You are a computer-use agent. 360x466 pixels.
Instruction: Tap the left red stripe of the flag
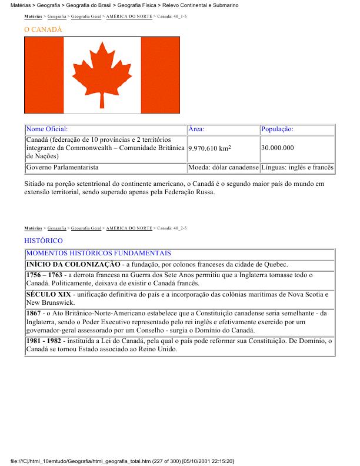point(44,75)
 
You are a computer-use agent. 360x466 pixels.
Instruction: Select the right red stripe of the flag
point(159,75)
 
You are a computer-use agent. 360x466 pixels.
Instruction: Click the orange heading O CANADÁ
point(43,29)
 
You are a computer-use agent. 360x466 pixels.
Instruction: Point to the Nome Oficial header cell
point(47,129)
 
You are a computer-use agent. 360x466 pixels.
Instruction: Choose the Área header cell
point(196,129)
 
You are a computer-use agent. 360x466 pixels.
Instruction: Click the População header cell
point(277,129)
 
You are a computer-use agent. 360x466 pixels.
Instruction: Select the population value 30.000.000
point(278,148)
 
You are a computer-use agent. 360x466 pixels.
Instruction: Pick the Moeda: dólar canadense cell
point(224,168)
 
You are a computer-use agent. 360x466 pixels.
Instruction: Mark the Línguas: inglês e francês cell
point(298,168)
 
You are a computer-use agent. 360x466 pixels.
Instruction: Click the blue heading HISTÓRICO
point(44,241)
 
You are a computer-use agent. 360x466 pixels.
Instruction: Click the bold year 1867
point(34,314)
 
